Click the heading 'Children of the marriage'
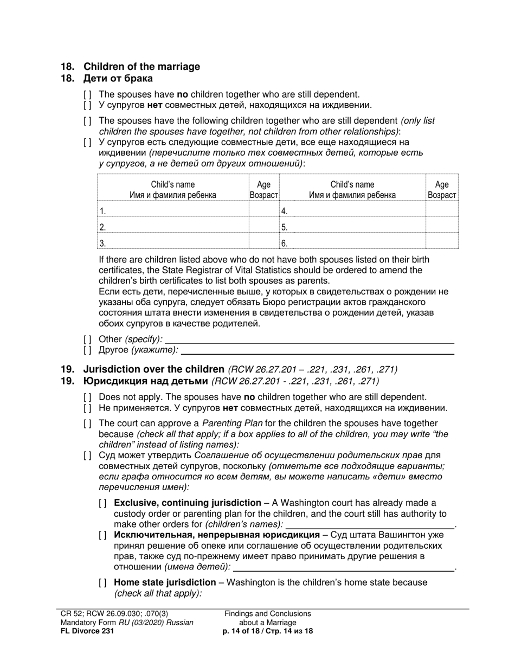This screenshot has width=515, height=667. click(141, 67)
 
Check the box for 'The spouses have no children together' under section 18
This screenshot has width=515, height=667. click(87, 94)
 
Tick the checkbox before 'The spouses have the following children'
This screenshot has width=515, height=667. click(87, 121)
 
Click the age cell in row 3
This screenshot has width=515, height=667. click(263, 243)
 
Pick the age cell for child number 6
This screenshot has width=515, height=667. click(442, 243)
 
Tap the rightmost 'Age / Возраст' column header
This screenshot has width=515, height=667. click(442, 189)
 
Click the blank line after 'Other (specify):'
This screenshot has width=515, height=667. click(309, 339)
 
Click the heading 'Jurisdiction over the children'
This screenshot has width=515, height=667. click(153, 369)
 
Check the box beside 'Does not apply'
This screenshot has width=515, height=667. click(87, 397)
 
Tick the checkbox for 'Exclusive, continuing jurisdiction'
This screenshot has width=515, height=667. click(102, 503)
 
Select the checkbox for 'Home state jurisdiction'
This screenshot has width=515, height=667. click(102, 582)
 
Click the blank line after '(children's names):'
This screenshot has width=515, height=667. click(370, 524)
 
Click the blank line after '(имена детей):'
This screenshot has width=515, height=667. click(344, 567)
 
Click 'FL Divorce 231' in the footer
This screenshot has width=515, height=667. click(87, 631)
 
